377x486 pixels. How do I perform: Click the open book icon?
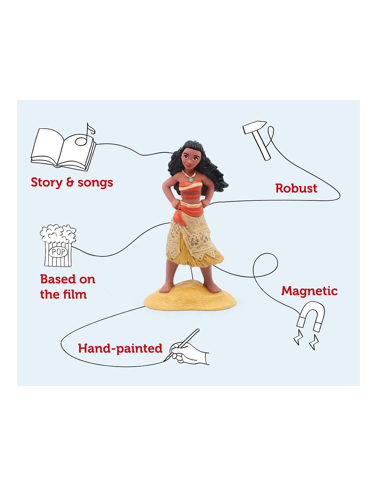63,150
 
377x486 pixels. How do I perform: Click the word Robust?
296,188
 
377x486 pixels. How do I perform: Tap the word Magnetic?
309,291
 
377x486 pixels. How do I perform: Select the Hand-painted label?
120,349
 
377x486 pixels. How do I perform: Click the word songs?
95,183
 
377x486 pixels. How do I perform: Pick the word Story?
47,183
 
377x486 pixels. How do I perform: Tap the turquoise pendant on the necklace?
191,180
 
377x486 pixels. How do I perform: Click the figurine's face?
189,159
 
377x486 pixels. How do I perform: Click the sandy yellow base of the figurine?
190,299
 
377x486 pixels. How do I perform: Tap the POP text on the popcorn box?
58,252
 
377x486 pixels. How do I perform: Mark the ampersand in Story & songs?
70,182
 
